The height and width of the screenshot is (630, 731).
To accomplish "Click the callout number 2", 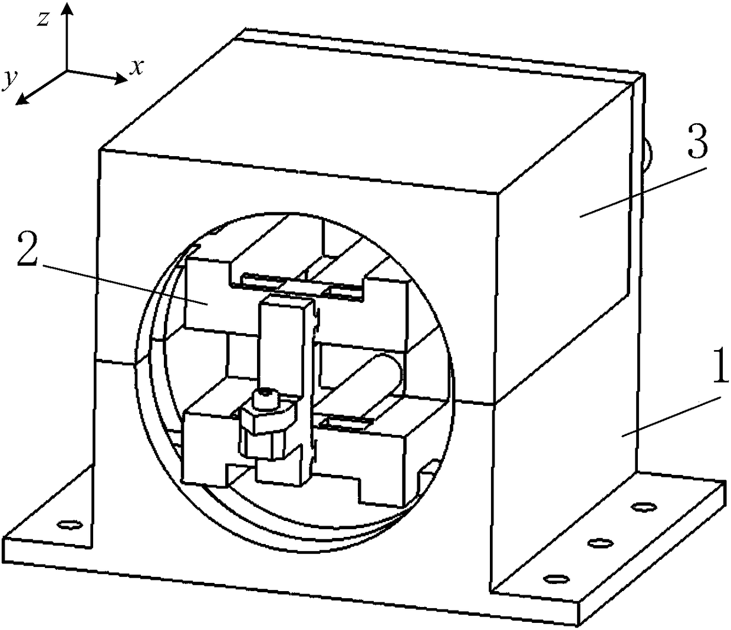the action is pyautogui.click(x=27, y=254).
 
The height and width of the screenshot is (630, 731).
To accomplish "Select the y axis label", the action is pyautogui.click(x=9, y=80).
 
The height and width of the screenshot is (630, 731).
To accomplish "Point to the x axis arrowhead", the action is pyautogui.click(x=120, y=79).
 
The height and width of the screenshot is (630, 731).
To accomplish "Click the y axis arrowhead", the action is pyautogui.click(x=22, y=99).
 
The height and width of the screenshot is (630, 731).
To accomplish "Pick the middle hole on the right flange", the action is pyautogui.click(x=600, y=543).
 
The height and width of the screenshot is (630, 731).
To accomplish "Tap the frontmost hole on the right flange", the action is pyautogui.click(x=557, y=579).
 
